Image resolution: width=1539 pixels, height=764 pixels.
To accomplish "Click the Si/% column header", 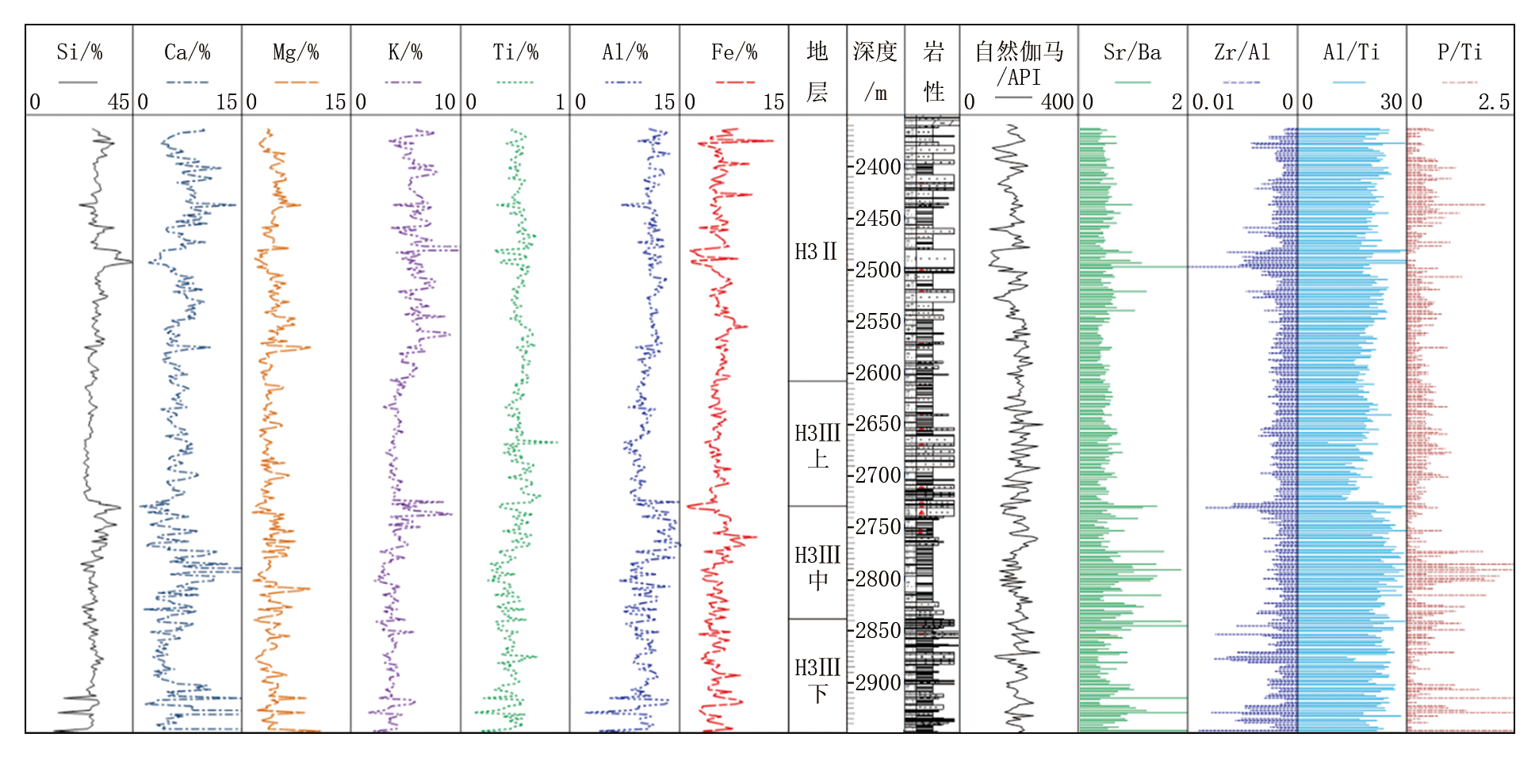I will pos(79,52).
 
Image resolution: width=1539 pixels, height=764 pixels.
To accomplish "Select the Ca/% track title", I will pos(187,52).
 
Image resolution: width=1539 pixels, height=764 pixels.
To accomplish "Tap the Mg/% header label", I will pos(296,52).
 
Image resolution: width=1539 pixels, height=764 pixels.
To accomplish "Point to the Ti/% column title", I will pos(515,52).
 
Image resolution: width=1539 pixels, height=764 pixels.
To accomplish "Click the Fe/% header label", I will pos(734,52).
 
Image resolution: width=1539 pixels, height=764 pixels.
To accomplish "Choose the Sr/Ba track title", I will pos(1132,52).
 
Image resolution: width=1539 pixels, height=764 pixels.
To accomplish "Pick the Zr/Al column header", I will pos(1242,52).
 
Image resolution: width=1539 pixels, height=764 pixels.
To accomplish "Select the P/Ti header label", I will pos(1460,52).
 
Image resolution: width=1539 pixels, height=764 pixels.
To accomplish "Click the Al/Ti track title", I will pos(1351,52).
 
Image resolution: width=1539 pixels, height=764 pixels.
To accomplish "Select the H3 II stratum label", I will pos(816,252).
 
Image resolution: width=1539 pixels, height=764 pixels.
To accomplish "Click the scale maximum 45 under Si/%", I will pos(118,101).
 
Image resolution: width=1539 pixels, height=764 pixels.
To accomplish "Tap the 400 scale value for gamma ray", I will pos(1057,101).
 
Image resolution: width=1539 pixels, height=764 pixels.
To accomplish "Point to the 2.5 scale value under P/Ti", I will pos(1494,101).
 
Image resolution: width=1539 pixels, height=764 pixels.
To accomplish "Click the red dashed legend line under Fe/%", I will pos(734,82).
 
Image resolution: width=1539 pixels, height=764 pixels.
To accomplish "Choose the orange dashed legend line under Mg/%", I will pos(296,82).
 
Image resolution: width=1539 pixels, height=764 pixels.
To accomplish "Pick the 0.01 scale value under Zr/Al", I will pos(1213,101).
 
